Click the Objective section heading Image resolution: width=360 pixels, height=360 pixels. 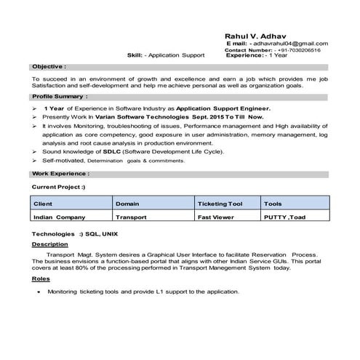coord(49,65)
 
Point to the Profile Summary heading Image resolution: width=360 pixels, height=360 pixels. coord(60,96)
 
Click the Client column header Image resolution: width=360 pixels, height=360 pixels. coord(43,204)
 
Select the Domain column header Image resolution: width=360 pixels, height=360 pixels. coord(129,204)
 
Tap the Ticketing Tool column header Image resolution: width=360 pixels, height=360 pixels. coord(220,204)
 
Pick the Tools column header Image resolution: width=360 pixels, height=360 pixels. coord(273,204)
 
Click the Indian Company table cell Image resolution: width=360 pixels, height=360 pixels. coord(60,217)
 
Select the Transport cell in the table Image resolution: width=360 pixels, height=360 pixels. coord(132,217)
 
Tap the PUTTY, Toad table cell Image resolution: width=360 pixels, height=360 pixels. coord(286,217)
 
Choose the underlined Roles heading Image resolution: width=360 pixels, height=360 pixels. coord(41,279)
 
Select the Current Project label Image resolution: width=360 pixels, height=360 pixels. coord(59,187)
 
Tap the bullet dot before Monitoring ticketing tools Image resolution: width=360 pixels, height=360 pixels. coord(38,292)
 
